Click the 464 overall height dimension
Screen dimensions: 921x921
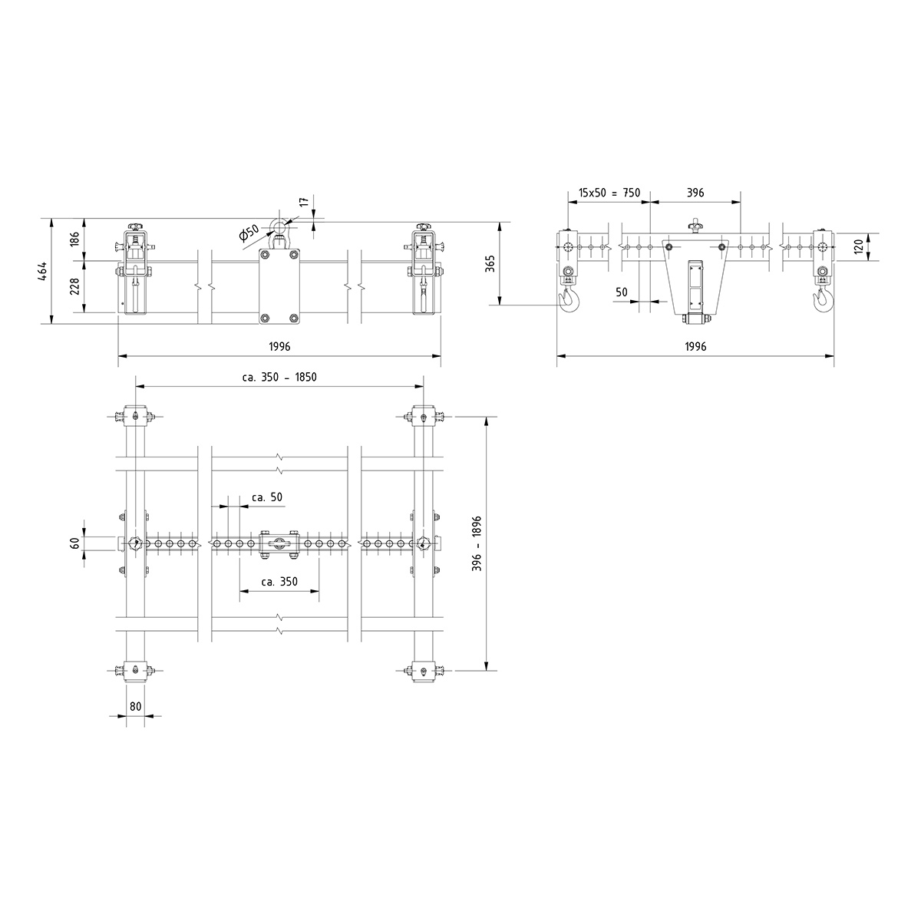42,271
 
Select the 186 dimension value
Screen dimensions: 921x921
75,239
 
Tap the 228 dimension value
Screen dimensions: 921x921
75,286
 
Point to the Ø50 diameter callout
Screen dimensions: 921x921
249,233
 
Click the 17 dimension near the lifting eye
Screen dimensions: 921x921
305,201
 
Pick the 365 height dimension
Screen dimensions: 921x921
490,263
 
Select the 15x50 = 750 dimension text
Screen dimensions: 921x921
609,193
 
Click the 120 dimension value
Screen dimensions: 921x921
860,246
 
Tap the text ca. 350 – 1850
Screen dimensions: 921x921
279,377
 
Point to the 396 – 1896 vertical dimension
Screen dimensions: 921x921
477,543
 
